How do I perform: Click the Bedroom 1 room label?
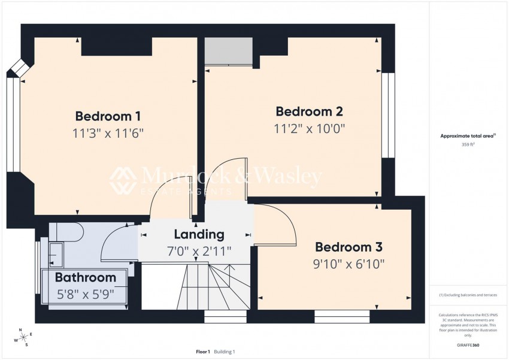click(108, 116)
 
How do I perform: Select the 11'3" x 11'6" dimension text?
click(108, 132)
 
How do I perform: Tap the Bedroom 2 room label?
click(309, 111)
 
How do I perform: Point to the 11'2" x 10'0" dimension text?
click(309, 128)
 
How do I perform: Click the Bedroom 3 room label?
click(349, 247)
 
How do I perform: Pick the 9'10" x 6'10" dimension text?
click(349, 264)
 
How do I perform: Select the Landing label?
click(199, 234)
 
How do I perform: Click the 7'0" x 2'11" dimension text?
click(199, 250)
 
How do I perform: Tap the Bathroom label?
click(86, 277)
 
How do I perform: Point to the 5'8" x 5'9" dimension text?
click(86, 294)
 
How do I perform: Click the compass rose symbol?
click(23, 337)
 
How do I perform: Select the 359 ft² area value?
click(468, 145)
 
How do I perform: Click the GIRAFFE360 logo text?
click(468, 345)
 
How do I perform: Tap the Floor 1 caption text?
click(202, 352)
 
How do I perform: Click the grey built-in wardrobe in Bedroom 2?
click(228, 52)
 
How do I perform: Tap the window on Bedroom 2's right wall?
click(389, 115)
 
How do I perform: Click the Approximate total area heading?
click(468, 137)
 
